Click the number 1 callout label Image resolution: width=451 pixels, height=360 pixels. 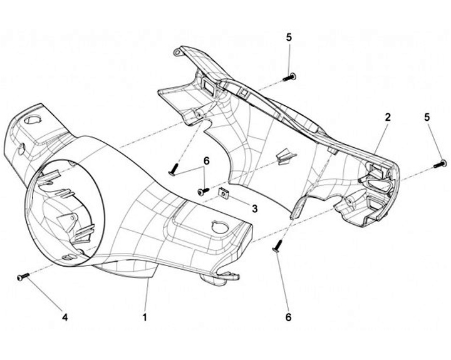(145, 317)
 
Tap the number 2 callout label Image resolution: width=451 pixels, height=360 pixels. (388, 117)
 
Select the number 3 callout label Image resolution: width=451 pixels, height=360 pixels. (255, 208)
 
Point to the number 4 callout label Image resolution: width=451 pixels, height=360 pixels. (65, 317)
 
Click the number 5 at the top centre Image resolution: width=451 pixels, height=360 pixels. (289, 38)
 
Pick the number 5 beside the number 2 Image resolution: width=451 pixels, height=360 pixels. (427, 117)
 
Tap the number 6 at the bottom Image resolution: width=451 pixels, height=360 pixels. (288, 317)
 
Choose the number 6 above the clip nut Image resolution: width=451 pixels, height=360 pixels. (207, 162)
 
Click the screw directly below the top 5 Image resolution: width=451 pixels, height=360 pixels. (289, 77)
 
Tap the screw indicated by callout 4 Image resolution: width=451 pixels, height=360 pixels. (24, 276)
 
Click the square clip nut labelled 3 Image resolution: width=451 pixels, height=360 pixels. (224, 193)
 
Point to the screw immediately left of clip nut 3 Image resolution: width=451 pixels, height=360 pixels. (204, 190)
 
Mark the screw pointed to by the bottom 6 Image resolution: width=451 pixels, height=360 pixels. (278, 246)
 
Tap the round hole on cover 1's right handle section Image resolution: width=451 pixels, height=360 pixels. (220, 227)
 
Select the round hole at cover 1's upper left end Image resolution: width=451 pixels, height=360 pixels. (33, 120)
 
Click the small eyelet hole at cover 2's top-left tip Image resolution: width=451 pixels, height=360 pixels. (177, 52)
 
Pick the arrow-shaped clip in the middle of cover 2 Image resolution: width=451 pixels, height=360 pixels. (286, 157)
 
